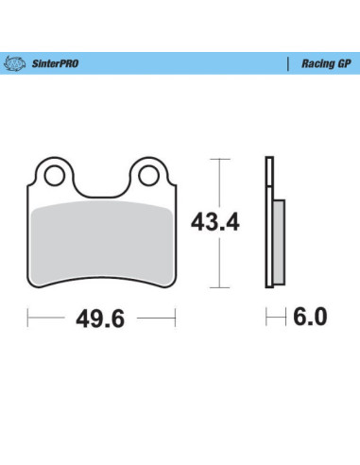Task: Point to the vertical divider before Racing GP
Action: pos(286,64)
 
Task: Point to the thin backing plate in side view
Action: pos(268,227)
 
